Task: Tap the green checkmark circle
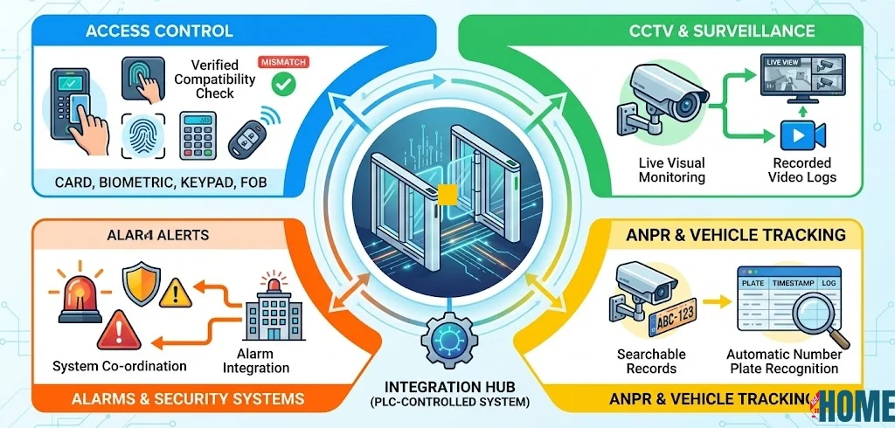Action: click(x=281, y=85)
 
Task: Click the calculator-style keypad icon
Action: click(x=198, y=135)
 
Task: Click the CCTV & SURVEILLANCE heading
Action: click(x=722, y=31)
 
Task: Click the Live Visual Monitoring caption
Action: click(x=673, y=170)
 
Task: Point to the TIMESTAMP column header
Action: click(x=791, y=285)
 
